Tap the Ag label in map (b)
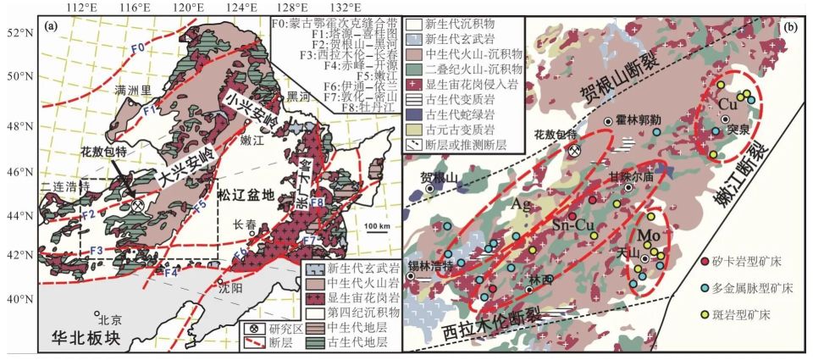click(523, 205)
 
